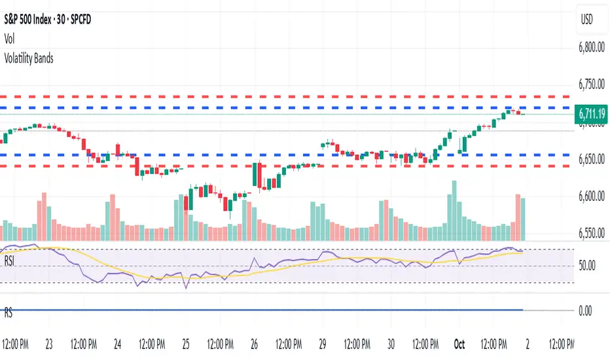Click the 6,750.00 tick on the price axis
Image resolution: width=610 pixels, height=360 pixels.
592,84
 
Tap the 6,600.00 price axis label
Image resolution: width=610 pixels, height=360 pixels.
592,197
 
